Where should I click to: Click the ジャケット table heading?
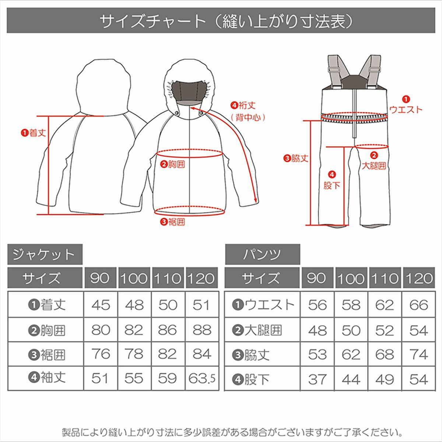[x=45, y=254]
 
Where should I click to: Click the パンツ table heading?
[x=262, y=254]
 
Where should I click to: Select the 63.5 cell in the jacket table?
[x=202, y=378]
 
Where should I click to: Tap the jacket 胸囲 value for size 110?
[x=168, y=330]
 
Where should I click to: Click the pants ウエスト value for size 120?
[x=418, y=305]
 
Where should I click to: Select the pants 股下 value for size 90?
[x=318, y=379]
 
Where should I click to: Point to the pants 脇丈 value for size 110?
[x=385, y=354]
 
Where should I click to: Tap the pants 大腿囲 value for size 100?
[x=351, y=330]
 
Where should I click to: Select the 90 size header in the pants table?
[x=317, y=278]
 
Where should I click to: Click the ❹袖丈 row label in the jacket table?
[x=47, y=378]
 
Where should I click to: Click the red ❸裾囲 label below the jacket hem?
[x=172, y=222]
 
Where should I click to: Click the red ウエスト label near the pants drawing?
[x=406, y=109]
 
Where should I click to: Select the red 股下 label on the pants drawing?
[x=331, y=185]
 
